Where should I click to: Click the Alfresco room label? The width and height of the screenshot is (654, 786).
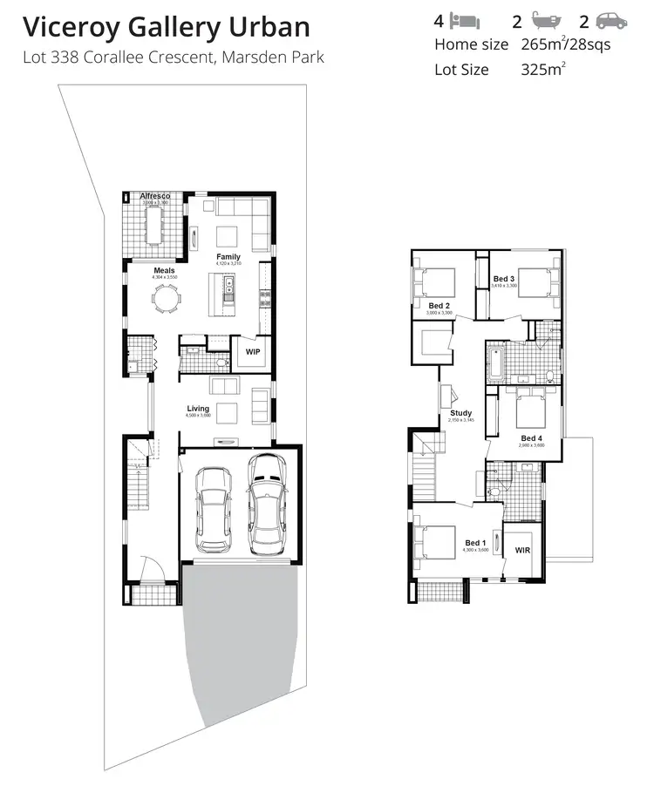click(x=155, y=197)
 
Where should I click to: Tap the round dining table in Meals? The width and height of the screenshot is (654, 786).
click(x=165, y=299)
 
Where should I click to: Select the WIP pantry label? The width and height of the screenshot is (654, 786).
click(x=253, y=352)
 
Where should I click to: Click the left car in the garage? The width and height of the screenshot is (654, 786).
click(x=212, y=509)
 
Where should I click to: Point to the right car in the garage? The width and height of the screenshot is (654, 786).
click(x=267, y=503)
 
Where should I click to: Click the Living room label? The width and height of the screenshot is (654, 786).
click(x=198, y=408)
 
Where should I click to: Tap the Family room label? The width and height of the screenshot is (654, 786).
click(x=228, y=257)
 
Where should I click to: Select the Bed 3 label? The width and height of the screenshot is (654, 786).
click(x=504, y=279)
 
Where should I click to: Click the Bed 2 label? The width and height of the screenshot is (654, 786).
click(x=439, y=306)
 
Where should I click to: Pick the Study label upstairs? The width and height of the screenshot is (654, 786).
click(x=460, y=413)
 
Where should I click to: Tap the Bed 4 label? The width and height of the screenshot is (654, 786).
click(x=532, y=438)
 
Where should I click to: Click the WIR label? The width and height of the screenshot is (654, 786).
click(x=523, y=551)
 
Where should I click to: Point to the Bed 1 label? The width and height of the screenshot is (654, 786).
click(x=476, y=544)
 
